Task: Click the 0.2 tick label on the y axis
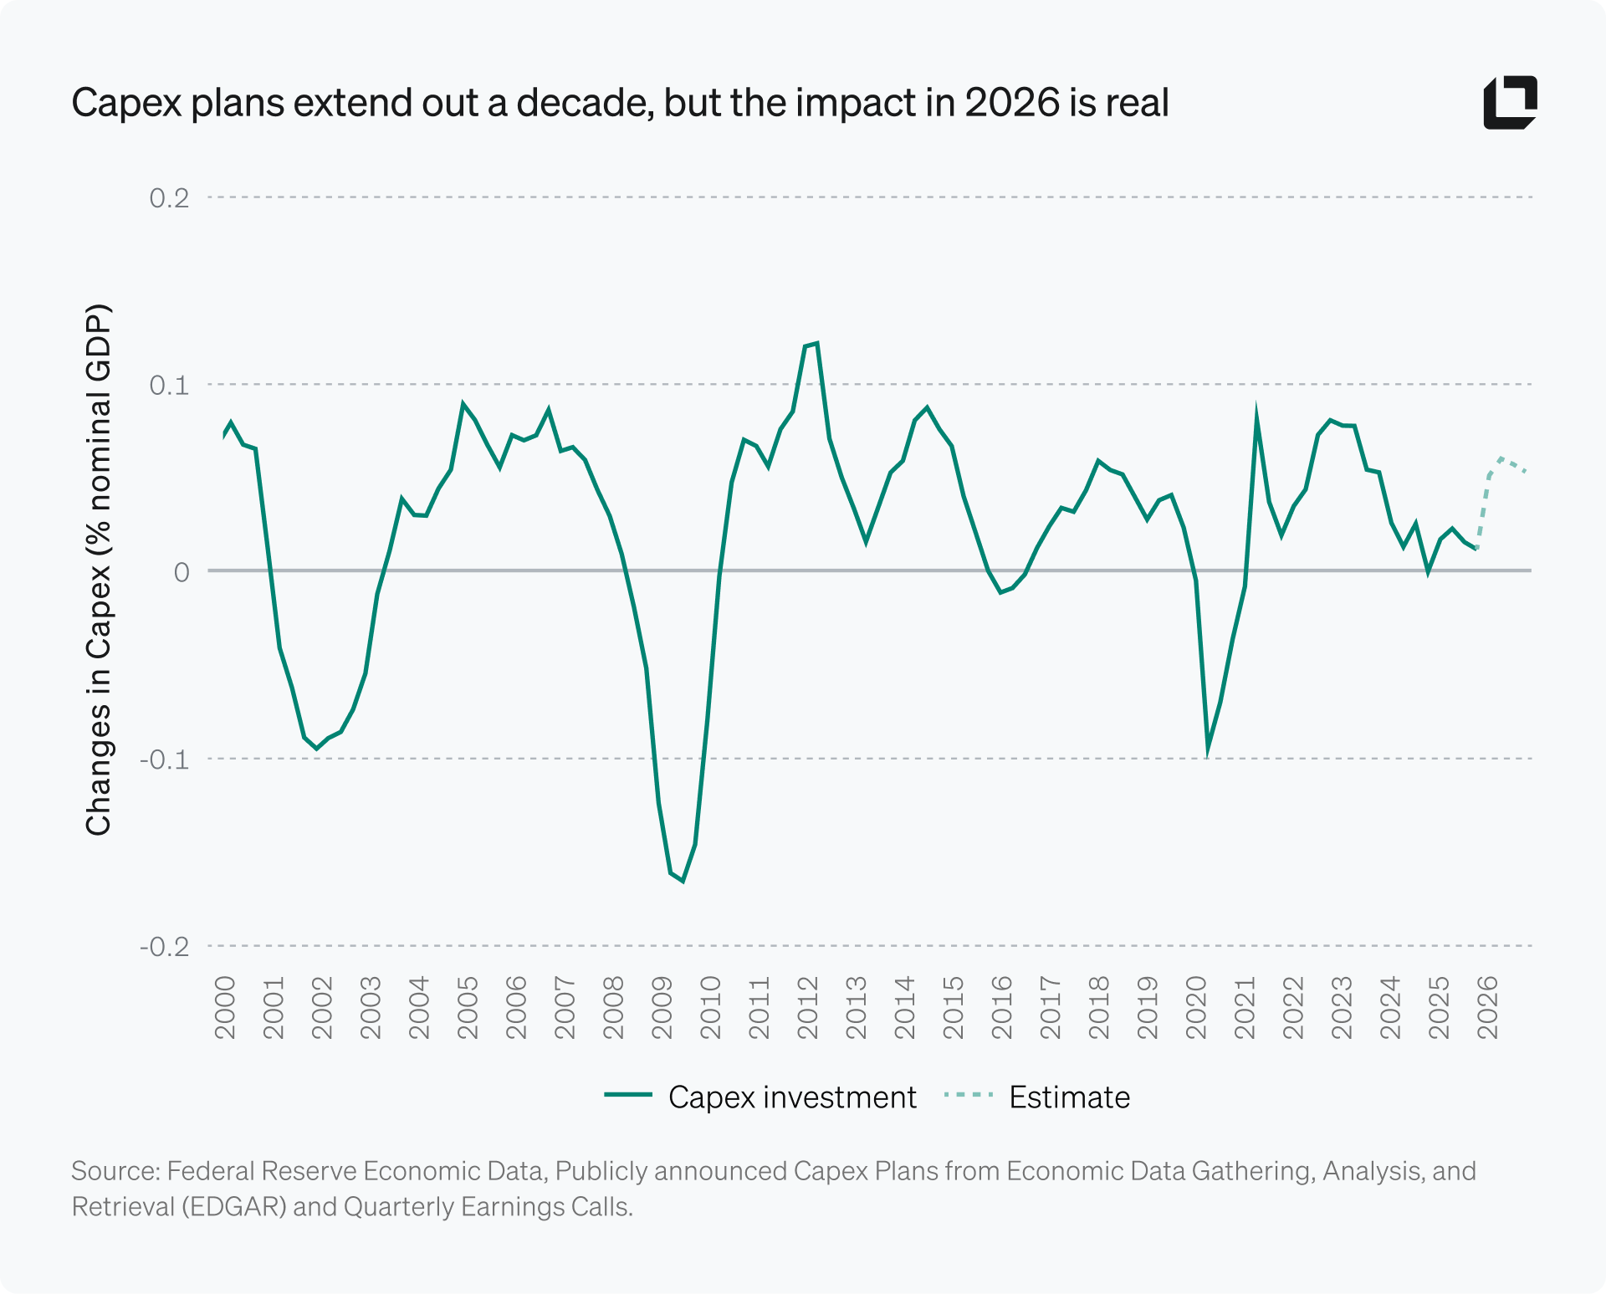pyautogui.click(x=169, y=198)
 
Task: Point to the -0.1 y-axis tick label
pyautogui.click(x=165, y=760)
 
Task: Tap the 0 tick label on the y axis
pyautogui.click(x=182, y=572)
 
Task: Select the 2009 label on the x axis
pyautogui.click(x=662, y=1007)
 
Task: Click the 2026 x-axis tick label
pyautogui.click(x=1487, y=1007)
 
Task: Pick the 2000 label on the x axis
pyautogui.click(x=225, y=1007)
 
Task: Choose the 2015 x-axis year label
pyautogui.click(x=953, y=1007)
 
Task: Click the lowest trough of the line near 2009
pyautogui.click(x=683, y=881)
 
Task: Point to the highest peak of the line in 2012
pyautogui.click(x=816, y=343)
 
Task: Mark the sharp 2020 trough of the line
pyautogui.click(x=1208, y=750)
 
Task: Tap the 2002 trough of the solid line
pyautogui.click(x=316, y=748)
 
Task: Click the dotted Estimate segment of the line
pyautogui.click(x=1502, y=460)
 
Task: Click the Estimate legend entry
pyautogui.click(x=1037, y=1097)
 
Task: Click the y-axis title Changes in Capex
pyautogui.click(x=98, y=569)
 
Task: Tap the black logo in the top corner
pyautogui.click(x=1510, y=103)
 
